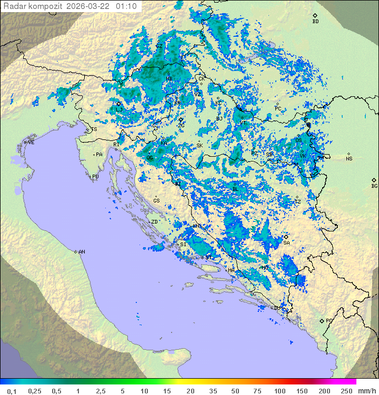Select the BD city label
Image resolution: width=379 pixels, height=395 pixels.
315,22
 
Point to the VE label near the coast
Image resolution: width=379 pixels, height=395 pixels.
31,143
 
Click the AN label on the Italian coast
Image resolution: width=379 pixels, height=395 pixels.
82,252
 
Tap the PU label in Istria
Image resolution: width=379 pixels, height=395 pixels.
95,177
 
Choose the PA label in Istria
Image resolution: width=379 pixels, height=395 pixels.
99,155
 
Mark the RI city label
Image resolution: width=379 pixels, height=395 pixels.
116,144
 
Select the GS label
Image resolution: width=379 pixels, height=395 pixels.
156,201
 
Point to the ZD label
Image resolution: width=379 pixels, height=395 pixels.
155,222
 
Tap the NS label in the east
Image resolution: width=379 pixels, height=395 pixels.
349,159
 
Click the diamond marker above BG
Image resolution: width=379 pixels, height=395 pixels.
374,180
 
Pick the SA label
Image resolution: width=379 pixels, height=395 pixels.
286,243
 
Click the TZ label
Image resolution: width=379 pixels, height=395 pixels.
298,201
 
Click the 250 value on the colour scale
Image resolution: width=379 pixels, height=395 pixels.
346,391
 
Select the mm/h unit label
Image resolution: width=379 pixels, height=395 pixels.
366,391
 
